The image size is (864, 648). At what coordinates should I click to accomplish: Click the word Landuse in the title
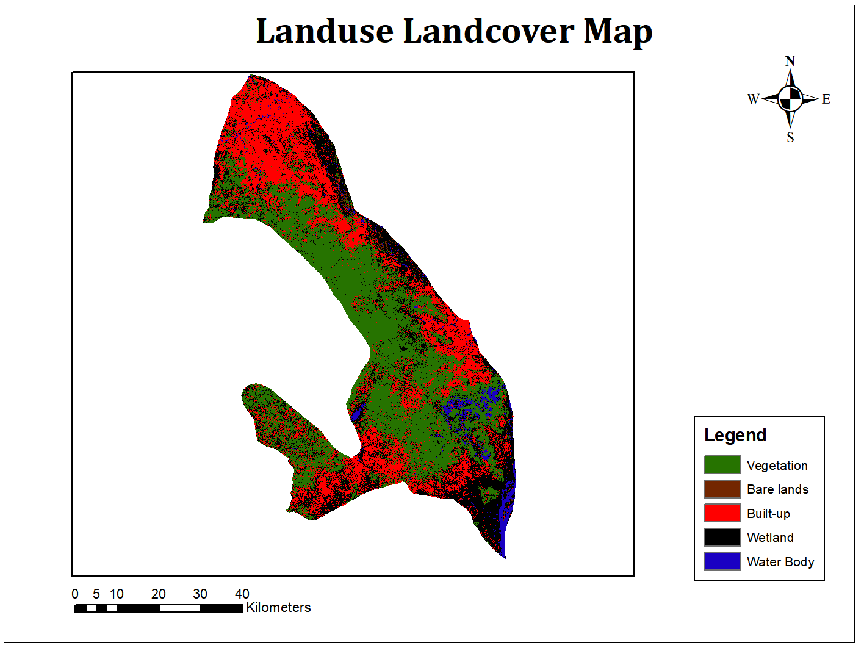325,31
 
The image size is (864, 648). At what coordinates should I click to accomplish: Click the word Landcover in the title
488,31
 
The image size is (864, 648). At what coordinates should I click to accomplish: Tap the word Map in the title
617,32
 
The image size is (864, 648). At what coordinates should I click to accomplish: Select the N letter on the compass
790,61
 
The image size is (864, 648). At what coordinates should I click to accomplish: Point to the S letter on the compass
790,137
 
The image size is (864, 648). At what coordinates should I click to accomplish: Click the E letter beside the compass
826,99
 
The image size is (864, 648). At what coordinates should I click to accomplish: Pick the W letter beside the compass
754,99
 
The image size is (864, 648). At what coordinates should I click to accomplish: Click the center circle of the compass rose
790,98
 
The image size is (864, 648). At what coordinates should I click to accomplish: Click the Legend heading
735,435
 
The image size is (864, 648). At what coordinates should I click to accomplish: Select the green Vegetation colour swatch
722,465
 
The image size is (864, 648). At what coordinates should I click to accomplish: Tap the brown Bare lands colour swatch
722,489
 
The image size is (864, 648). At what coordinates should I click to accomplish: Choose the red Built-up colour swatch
722,513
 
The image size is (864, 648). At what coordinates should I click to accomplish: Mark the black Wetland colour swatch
722,538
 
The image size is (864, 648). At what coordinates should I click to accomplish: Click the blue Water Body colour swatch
722,561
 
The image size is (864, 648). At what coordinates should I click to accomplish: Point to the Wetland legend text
770,538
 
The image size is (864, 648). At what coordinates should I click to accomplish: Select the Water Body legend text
780,562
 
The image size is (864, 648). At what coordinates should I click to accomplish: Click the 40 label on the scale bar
242,594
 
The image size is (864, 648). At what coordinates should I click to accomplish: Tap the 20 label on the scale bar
159,594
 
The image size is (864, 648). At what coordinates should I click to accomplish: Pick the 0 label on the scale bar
75,594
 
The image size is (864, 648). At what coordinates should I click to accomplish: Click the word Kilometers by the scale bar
278,608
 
